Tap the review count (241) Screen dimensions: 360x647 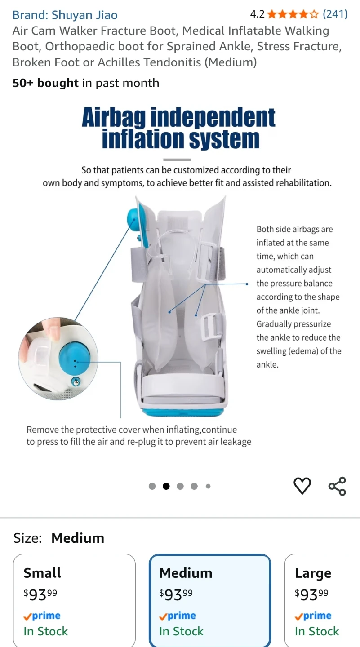pos(335,14)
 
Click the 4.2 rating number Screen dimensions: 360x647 pos(257,14)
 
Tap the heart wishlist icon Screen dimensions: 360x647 pos(302,486)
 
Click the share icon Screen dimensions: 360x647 pos(337,486)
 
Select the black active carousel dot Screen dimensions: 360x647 pos(166,487)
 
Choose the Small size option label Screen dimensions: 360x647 pos(42,573)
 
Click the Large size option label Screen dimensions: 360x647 pos(313,573)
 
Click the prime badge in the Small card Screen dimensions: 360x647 pos(42,616)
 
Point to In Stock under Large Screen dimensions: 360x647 pos(317,631)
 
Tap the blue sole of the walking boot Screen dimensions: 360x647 pos(183,411)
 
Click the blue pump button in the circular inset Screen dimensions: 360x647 pos(75,358)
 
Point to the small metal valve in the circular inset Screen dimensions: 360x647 pos(76,382)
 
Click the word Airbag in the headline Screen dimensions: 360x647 pos(114,117)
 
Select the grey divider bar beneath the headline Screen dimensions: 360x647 pos(177,160)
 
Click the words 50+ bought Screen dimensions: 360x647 pos(45,83)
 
